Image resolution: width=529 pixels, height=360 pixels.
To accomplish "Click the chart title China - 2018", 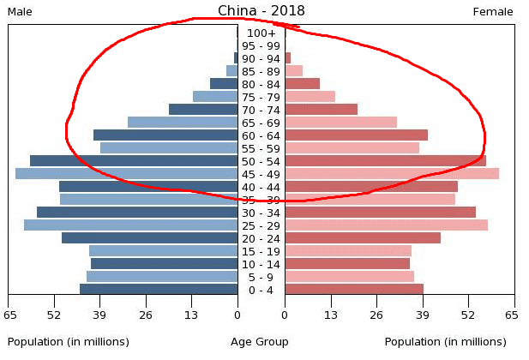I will (x=261, y=11).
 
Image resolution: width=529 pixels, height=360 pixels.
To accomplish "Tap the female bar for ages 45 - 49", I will (x=392, y=174).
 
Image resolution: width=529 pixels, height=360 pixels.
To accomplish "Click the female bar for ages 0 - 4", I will (x=354, y=290).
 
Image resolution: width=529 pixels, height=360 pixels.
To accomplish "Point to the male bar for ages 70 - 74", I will (x=203, y=110).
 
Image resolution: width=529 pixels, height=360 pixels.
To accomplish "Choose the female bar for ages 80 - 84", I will (x=302, y=84).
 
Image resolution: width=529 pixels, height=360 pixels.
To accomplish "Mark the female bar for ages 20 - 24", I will (x=363, y=238).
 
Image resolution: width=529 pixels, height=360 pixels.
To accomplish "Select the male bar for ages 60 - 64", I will (x=165, y=135).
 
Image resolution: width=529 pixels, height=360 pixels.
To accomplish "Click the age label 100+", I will (x=261, y=33).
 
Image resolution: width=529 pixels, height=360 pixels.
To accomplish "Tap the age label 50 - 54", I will (x=261, y=162).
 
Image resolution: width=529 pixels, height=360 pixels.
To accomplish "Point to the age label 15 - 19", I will (x=261, y=251).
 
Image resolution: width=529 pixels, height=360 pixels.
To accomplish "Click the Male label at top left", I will (x=20, y=12).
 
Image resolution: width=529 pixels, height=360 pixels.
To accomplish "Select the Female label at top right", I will (x=493, y=12).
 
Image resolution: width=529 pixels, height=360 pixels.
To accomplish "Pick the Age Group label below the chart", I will (x=260, y=342).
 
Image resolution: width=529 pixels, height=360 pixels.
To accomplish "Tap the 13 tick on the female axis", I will (x=331, y=315).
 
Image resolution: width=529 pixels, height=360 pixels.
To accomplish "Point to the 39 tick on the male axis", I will (x=100, y=315).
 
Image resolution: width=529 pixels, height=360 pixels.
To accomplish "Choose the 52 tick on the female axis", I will (x=468, y=315).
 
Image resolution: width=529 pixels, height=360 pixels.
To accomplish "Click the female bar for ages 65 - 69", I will (x=340, y=123).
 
